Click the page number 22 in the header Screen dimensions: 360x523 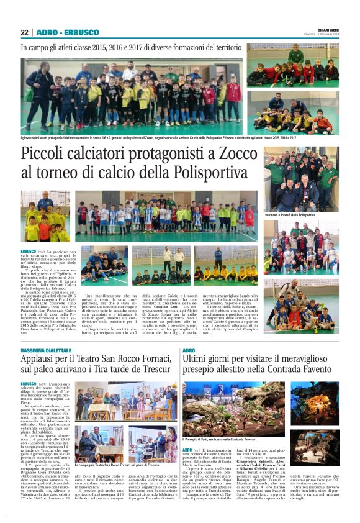click(25, 32)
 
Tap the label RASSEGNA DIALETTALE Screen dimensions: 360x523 click(46, 351)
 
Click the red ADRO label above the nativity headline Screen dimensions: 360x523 click(189, 351)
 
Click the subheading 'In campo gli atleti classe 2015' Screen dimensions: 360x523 click(130, 47)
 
